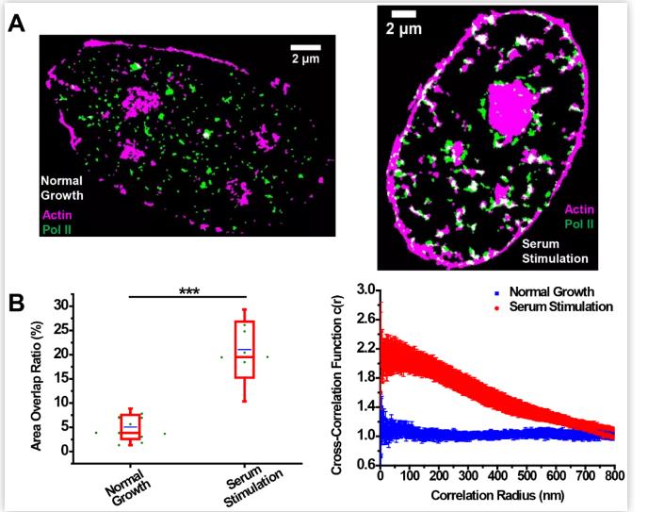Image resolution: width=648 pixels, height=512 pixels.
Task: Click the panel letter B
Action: (x=16, y=304)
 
